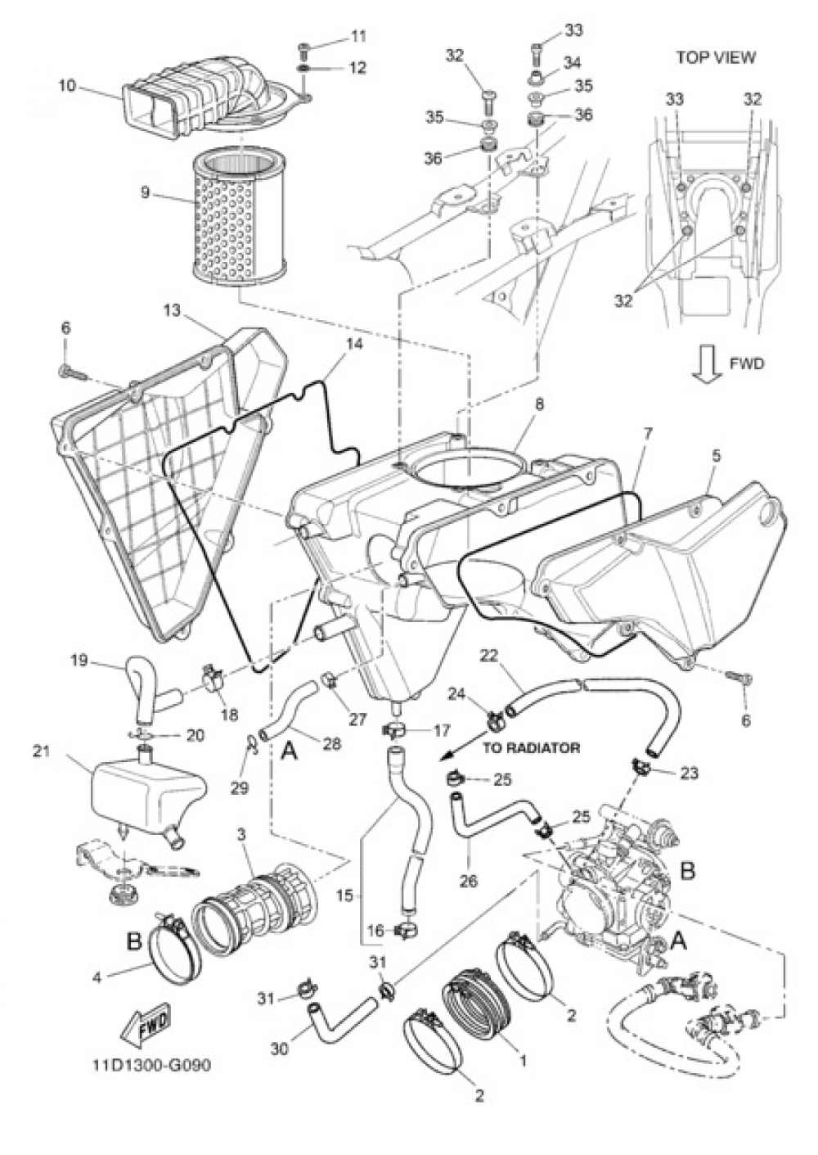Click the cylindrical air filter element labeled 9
point(241,210)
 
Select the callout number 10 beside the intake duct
point(68,85)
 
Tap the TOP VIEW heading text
point(716,57)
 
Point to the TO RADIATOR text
point(531,747)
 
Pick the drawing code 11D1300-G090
point(155,1067)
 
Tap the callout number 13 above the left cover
point(171,311)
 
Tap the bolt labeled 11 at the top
point(303,48)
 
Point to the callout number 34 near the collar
point(573,62)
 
